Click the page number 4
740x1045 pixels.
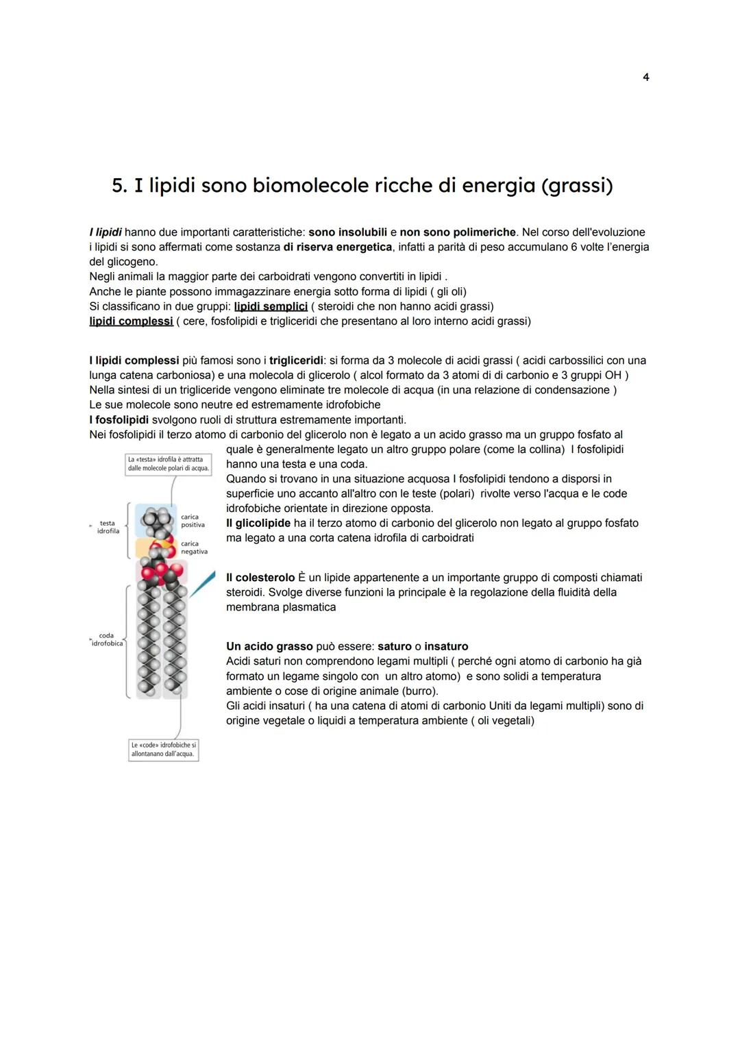click(x=645, y=77)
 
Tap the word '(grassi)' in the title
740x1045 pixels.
click(x=577, y=186)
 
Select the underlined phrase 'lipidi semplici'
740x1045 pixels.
click(x=271, y=306)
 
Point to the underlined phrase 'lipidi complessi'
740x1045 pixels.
click(x=131, y=321)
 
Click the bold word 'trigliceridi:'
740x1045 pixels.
click(x=297, y=360)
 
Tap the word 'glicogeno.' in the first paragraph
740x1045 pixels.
click(x=123, y=262)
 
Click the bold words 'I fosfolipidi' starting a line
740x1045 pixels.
click(x=119, y=419)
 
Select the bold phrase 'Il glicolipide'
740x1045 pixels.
click(x=258, y=524)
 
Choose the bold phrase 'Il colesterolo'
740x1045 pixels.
click(x=260, y=578)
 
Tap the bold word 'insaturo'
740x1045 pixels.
click(x=446, y=646)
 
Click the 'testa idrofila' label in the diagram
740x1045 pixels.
click(x=108, y=527)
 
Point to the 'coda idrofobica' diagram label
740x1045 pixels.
click(x=108, y=639)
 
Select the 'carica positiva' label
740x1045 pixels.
click(x=193, y=521)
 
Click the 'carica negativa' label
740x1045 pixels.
click(x=193, y=548)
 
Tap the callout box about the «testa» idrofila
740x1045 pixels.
click(x=169, y=464)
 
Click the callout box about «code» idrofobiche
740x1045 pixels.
click(x=163, y=749)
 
